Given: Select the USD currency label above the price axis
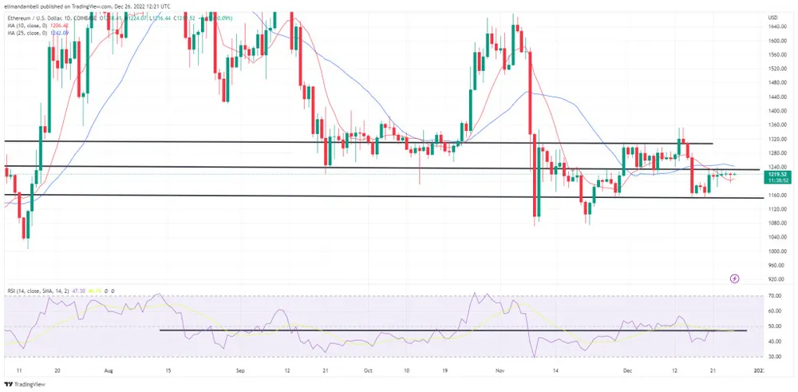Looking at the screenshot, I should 772,18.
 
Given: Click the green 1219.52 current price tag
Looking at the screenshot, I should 779,174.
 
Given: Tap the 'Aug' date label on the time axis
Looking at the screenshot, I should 109,370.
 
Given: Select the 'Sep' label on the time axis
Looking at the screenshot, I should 240,370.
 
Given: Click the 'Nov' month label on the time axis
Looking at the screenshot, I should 500,370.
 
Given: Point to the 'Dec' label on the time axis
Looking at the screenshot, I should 627,370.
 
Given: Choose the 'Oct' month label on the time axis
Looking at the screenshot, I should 368,370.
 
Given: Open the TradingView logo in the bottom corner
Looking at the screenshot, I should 27,384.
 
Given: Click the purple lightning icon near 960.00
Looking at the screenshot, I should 735,279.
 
